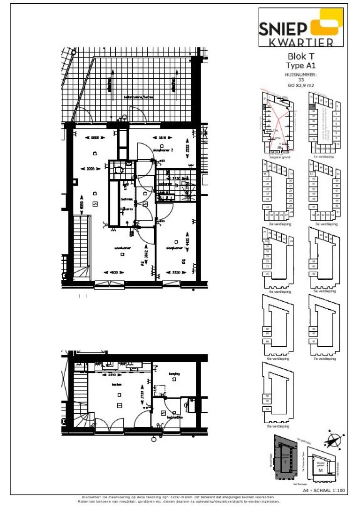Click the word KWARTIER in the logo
[301, 43]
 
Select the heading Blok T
[301, 57]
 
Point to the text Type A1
[301, 66]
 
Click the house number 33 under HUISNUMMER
[301, 80]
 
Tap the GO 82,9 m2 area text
[301, 85]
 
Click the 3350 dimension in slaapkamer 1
[175, 272]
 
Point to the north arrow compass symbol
[334, 441]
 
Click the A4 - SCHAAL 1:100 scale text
[324, 490]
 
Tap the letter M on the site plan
[321, 470]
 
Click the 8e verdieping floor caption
[277, 426]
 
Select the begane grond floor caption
[280, 157]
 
